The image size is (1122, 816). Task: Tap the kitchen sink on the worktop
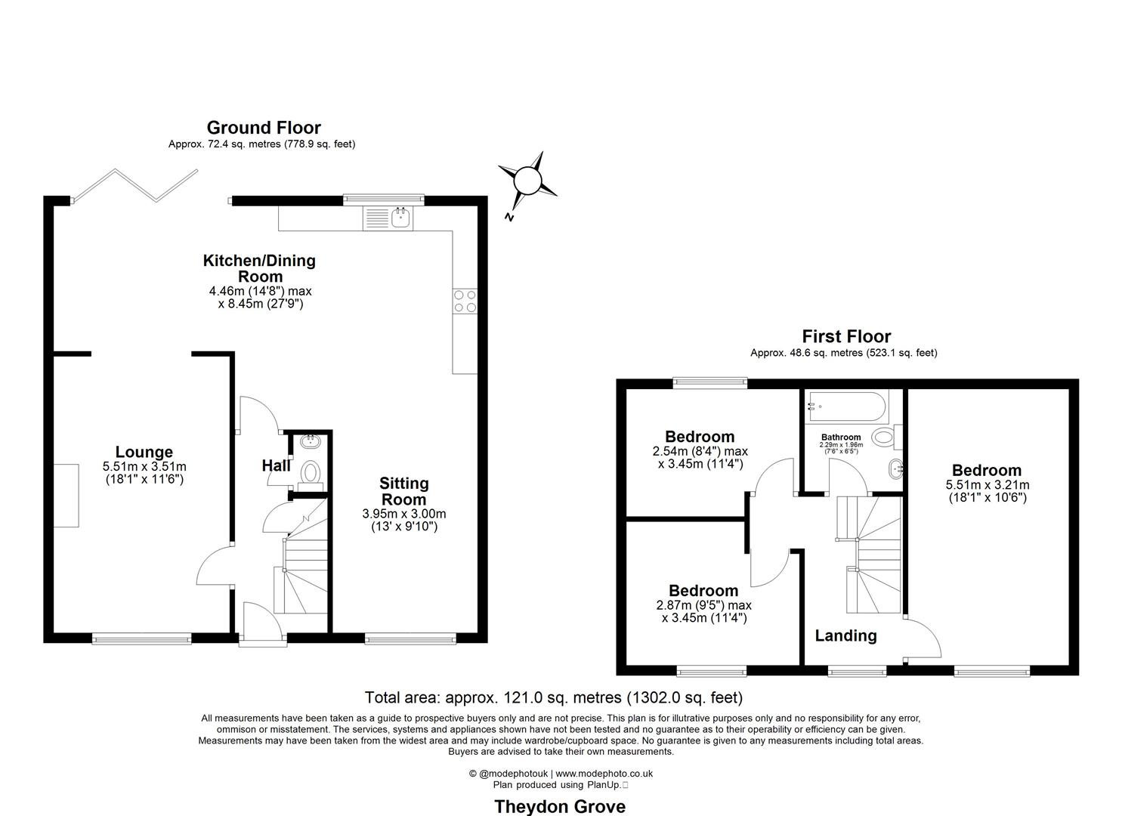[x=400, y=218]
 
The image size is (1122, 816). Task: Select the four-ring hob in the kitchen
[x=464, y=301]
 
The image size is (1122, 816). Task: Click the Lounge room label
[x=144, y=453]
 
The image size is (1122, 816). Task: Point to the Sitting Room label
[x=403, y=491]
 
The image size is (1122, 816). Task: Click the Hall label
[x=276, y=466]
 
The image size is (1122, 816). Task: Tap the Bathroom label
[x=841, y=437]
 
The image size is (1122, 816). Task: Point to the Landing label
[x=845, y=636]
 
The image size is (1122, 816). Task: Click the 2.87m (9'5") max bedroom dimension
[x=703, y=605]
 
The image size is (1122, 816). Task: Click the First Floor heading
[x=846, y=336]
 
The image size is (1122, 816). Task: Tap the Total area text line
[x=553, y=697]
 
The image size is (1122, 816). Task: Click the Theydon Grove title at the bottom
[x=559, y=806]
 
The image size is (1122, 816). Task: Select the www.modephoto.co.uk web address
[x=604, y=774]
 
